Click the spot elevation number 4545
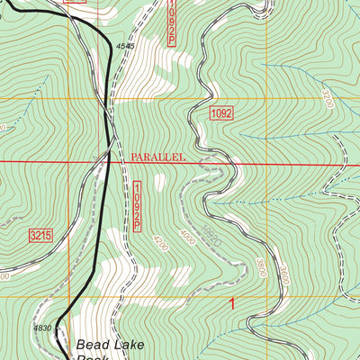click(125, 46)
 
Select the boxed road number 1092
click(223, 112)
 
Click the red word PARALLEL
click(157, 157)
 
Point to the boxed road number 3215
click(40, 235)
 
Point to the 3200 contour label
click(327, 99)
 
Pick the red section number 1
click(232, 304)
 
